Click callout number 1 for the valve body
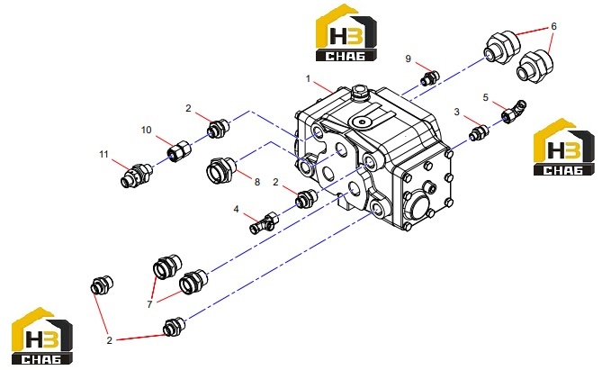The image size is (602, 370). pos(308,78)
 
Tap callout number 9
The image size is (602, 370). pos(409,59)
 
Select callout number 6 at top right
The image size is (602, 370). pos(553,26)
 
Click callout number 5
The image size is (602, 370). pos(486,97)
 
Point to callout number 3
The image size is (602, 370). pos(456,112)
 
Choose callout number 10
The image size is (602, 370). pos(147,130)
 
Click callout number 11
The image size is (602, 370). pos(103,155)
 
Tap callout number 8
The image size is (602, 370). pos(257,182)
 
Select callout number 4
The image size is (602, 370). pos(236,209)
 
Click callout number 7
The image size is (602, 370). pos(149,304)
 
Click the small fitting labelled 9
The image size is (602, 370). pos(430,78)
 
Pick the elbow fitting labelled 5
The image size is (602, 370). pos(514,112)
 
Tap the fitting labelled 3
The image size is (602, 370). pos(479,133)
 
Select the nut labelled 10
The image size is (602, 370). pos(179,151)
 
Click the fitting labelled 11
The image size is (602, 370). pos(137,176)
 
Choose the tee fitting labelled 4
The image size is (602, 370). pos(264,223)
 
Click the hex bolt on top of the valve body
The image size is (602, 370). pos(359,93)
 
